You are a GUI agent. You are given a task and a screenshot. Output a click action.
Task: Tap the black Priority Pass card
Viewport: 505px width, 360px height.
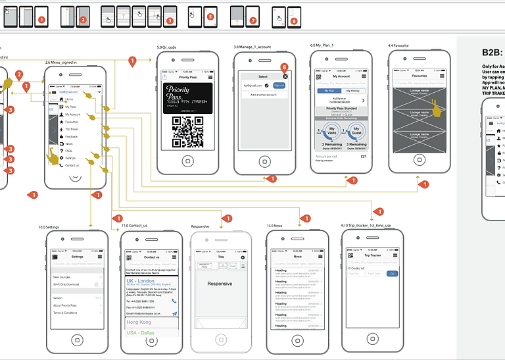click(187, 97)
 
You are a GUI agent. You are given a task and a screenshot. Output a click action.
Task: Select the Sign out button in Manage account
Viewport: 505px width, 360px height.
click(279, 86)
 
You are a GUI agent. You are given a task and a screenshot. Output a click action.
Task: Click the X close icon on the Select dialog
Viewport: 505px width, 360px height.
click(285, 76)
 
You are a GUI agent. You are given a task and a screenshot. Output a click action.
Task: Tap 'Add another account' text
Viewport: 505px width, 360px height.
click(262, 95)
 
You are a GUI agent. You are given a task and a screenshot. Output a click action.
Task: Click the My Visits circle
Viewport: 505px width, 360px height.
click(333, 131)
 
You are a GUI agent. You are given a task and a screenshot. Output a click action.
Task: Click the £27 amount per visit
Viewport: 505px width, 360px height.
click(362, 156)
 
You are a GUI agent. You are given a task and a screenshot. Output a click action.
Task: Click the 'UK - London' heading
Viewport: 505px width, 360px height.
click(142, 280)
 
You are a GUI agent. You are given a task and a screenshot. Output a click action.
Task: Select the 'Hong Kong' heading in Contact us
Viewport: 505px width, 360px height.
click(139, 322)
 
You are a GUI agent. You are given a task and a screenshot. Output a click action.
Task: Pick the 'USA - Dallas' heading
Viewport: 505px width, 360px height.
click(142, 333)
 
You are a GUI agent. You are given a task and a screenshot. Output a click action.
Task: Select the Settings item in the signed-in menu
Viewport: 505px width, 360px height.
click(70, 158)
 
